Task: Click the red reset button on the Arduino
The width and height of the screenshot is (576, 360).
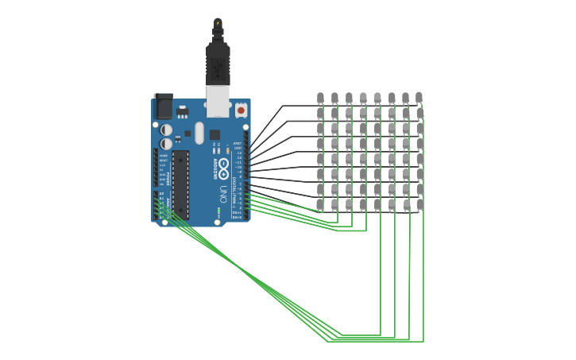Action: coord(241,110)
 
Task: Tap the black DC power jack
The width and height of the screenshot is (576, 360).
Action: coord(163,106)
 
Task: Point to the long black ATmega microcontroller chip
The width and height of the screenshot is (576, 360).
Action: coord(181,184)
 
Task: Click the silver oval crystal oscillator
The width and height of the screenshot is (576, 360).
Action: coord(199,132)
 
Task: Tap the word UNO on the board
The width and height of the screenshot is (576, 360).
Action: coord(223,193)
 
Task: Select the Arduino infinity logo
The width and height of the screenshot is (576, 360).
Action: coord(224,168)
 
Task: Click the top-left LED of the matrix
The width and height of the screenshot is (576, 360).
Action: coord(320,98)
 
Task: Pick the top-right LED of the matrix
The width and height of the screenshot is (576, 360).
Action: coord(419,98)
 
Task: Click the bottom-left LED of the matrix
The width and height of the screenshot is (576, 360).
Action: coord(320,204)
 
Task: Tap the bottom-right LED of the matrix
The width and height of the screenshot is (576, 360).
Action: coord(419,204)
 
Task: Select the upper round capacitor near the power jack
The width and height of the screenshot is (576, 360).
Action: coord(166,129)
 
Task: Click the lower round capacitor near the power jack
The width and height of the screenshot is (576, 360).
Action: coord(166,144)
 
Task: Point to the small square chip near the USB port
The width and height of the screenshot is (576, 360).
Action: coord(215,135)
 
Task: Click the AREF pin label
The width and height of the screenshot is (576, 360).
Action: coord(238,143)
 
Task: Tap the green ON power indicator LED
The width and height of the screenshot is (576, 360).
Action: coord(218,211)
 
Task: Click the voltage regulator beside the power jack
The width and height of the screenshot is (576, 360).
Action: coord(182,110)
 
